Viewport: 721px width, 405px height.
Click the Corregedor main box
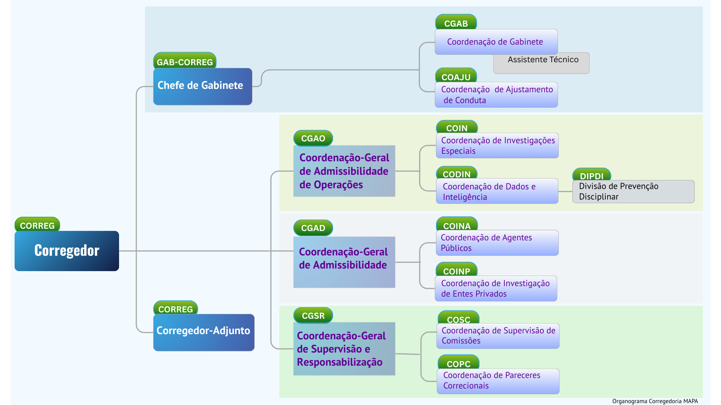[x=67, y=250]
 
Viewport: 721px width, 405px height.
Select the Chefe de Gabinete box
[x=202, y=86]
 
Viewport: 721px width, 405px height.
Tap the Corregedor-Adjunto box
[x=204, y=332]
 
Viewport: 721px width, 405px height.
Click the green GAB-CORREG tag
[x=185, y=61]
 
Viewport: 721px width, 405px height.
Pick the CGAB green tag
[x=456, y=23]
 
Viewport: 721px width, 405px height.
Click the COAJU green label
[x=456, y=76]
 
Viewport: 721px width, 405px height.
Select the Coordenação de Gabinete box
[x=496, y=42]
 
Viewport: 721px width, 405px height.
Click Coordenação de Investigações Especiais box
[x=497, y=145]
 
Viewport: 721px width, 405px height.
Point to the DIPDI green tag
[x=591, y=175]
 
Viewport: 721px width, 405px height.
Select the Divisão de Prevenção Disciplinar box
[x=633, y=192]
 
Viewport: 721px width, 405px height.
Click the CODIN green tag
[x=456, y=174]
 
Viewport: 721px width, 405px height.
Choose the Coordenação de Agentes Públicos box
[x=497, y=243]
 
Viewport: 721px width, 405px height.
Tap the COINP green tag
[x=456, y=270]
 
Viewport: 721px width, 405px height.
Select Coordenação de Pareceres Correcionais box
[x=498, y=381]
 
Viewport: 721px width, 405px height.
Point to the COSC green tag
[x=459, y=319]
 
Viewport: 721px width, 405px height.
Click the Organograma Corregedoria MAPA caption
[x=655, y=401]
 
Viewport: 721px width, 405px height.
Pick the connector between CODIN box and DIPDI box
[x=565, y=192]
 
